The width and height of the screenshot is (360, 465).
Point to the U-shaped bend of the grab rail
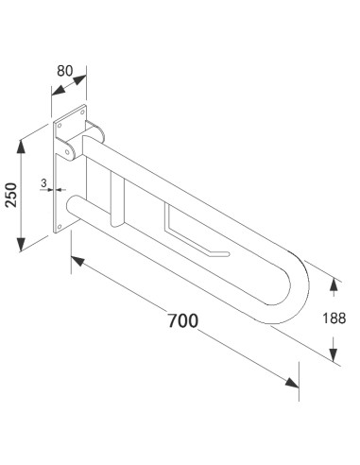(288, 284)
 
